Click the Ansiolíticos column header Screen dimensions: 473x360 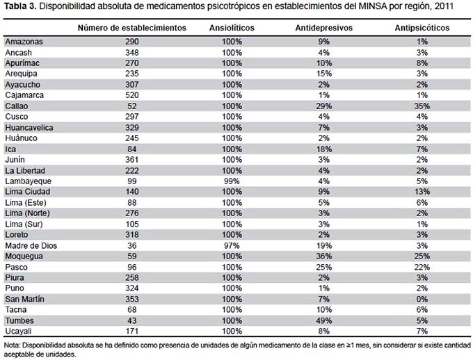[232, 28]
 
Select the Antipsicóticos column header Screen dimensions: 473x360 [422, 28]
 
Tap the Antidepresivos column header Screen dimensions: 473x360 [323, 28]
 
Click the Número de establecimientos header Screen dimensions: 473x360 [132, 28]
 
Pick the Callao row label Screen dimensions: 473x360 [17, 106]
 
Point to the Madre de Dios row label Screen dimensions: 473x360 [31, 246]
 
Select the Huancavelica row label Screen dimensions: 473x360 [29, 128]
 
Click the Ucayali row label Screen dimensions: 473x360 [18, 332]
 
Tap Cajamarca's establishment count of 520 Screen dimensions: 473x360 [132, 95]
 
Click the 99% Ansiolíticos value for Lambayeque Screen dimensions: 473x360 [232, 181]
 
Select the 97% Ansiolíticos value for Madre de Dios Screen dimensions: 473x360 [232, 246]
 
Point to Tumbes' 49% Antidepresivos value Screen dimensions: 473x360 [324, 320]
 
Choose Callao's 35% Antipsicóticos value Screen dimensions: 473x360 [422, 106]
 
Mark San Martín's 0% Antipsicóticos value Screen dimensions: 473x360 [422, 299]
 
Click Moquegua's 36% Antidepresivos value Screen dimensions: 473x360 [324, 256]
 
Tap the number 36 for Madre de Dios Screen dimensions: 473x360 [132, 246]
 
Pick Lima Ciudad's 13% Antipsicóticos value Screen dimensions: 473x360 [422, 192]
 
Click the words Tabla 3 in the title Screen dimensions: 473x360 [20, 6]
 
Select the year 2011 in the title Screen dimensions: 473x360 [444, 6]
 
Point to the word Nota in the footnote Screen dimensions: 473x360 [12, 345]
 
